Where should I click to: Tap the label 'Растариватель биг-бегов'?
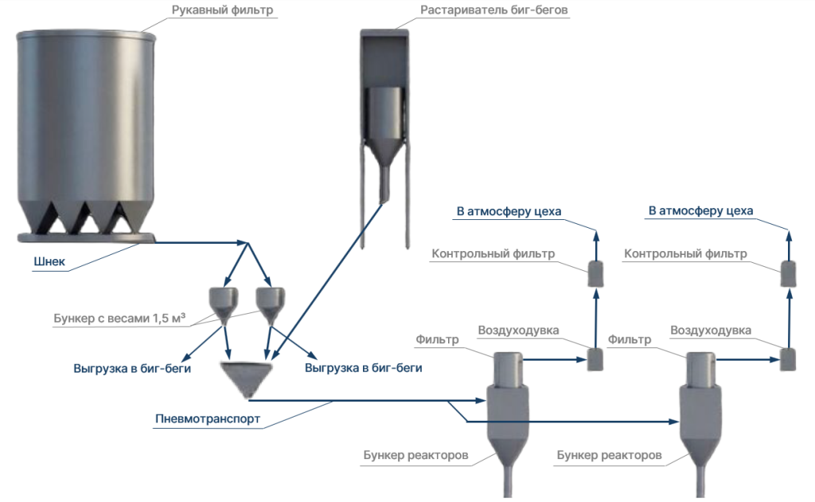[494, 10]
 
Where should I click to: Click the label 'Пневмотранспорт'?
[207, 420]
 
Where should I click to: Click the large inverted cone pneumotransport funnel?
[247, 378]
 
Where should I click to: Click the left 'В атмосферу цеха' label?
[509, 211]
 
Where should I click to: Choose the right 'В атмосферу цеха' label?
[701, 211]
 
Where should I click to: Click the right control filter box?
[789, 273]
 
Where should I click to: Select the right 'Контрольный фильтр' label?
[685, 254]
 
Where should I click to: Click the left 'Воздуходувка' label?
[518, 330]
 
